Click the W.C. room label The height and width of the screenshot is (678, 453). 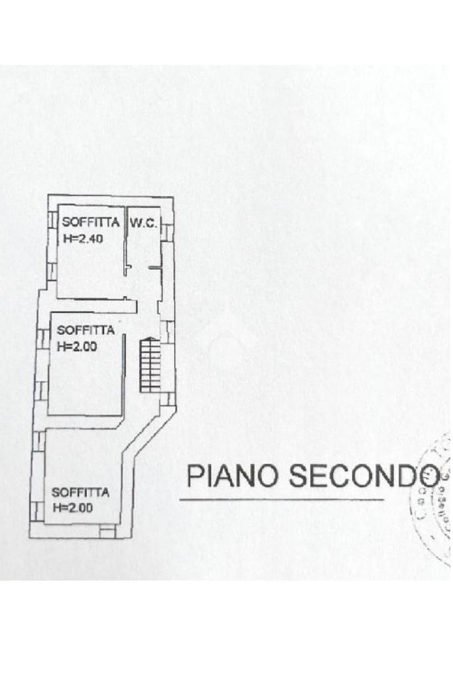(x=143, y=223)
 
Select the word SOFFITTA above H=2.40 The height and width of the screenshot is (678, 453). (x=91, y=223)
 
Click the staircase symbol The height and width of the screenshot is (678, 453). (x=149, y=364)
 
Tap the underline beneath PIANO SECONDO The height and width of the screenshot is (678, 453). (x=282, y=499)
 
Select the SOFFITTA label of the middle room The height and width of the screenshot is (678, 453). (x=86, y=329)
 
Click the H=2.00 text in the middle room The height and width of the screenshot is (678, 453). (x=77, y=345)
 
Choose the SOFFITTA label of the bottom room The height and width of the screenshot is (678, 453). (x=80, y=492)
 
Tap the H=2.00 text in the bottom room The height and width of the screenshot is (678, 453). (x=72, y=508)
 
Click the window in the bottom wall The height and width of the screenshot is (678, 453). (x=107, y=531)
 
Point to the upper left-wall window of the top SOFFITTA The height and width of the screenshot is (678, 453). (x=52, y=219)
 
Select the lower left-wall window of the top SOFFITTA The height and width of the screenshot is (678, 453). (x=51, y=271)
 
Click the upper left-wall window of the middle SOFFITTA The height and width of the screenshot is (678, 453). (x=44, y=339)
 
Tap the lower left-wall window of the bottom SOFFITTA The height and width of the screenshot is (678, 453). (x=35, y=510)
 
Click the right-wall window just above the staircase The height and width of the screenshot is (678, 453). (x=170, y=331)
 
